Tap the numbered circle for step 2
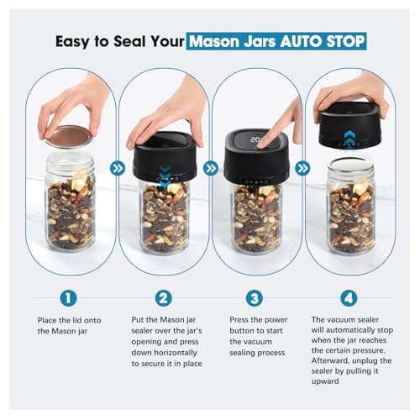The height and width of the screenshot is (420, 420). (x=164, y=298)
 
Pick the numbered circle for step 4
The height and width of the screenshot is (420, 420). (x=349, y=298)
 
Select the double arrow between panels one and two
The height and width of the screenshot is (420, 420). (x=118, y=168)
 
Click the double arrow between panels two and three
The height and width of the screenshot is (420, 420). (x=210, y=168)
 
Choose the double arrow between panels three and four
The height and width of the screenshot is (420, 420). (x=303, y=168)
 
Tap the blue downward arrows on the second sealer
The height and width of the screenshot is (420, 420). (x=165, y=174)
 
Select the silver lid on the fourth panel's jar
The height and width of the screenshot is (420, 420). (x=349, y=163)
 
